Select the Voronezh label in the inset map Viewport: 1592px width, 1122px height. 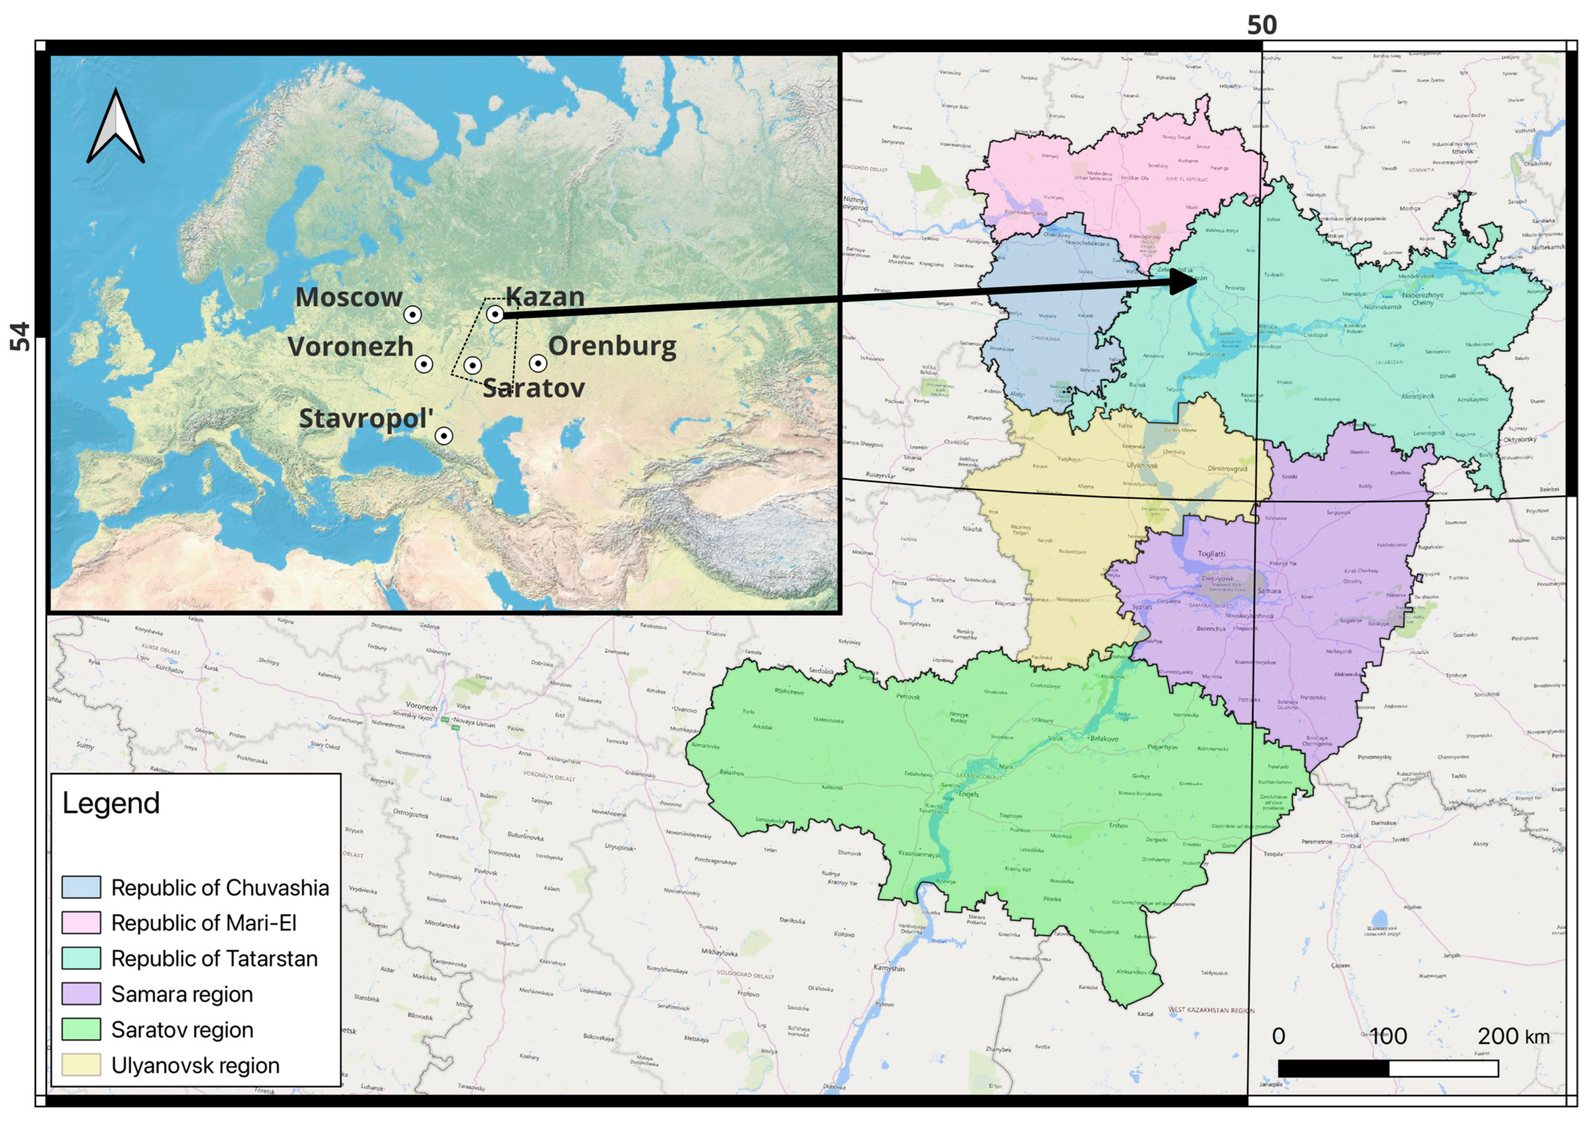click(x=350, y=346)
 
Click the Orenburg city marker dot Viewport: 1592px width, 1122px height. click(x=538, y=363)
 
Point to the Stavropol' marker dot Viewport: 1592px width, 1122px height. click(x=444, y=435)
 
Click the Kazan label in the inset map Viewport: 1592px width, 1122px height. click(x=545, y=297)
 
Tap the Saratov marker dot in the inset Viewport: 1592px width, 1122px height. click(x=472, y=365)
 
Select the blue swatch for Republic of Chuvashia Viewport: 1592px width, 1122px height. click(x=81, y=887)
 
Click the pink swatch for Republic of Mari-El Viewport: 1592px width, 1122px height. click(x=81, y=922)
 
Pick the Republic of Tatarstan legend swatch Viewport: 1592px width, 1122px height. click(x=81, y=959)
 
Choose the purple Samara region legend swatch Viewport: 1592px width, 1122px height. click(x=81, y=994)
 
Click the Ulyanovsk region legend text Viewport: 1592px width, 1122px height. click(x=195, y=1065)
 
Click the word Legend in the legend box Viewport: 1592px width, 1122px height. click(x=111, y=803)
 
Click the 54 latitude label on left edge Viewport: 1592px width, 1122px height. click(x=21, y=336)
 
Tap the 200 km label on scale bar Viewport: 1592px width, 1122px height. click(x=1513, y=1036)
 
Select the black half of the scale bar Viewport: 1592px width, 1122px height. click(x=1333, y=1068)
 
